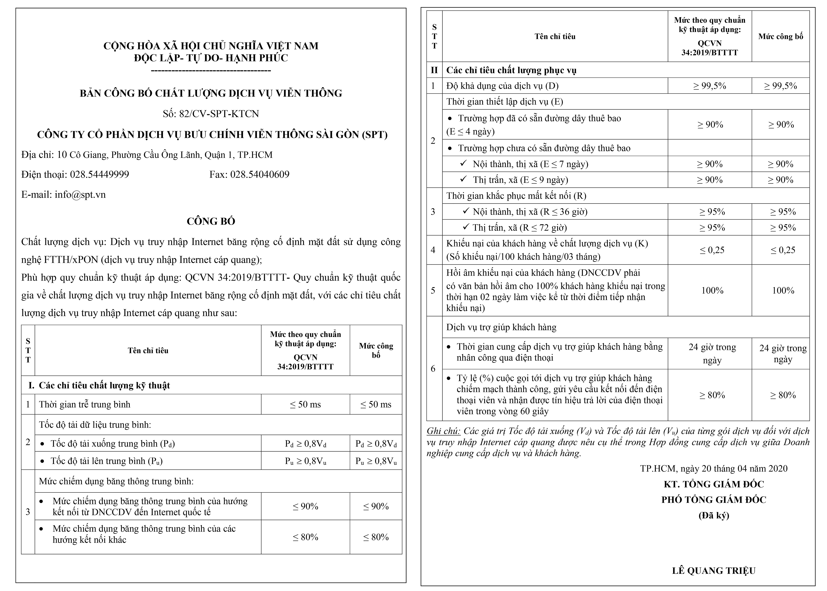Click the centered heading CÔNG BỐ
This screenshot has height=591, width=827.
coord(211,221)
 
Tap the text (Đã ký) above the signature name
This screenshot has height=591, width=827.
coord(713,515)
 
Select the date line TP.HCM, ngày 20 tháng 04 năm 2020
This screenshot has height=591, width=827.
coord(713,468)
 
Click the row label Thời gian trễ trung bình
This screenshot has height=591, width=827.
coord(84,404)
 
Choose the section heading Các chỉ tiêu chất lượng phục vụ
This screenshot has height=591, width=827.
coord(511,70)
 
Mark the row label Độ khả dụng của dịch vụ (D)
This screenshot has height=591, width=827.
coord(502,86)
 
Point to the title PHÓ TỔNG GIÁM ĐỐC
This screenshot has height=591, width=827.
coord(713,500)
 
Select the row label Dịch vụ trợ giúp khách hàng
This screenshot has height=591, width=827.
coord(501,327)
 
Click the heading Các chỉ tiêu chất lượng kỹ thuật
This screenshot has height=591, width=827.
coord(104,385)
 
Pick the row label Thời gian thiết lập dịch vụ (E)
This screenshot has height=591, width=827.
coord(504,102)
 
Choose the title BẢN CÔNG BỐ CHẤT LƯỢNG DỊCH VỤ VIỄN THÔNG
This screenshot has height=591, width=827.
coord(211,94)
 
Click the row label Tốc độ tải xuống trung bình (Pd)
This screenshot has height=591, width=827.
coord(113,444)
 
